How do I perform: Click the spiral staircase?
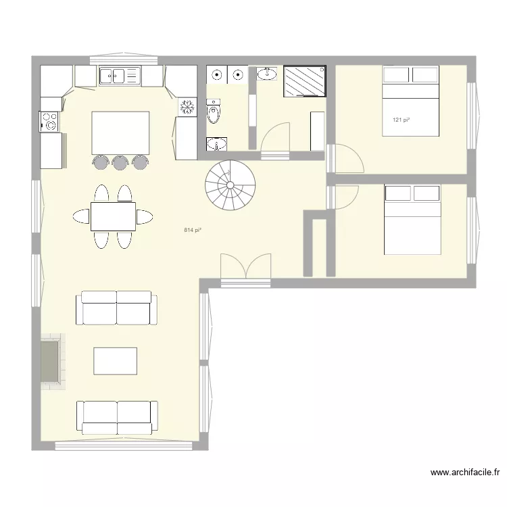click(229, 185)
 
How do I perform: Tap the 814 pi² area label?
click(193, 231)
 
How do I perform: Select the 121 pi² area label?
click(402, 120)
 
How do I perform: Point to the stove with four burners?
click(49, 121)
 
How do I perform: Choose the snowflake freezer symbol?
click(187, 107)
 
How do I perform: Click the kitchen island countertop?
click(120, 132)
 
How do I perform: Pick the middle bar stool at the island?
click(120, 162)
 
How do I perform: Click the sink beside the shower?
click(267, 72)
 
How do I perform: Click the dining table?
click(113, 216)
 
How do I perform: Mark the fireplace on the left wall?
click(51, 362)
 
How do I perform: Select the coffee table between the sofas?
click(115, 361)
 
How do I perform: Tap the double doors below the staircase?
click(246, 267)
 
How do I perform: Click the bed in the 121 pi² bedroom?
click(410, 101)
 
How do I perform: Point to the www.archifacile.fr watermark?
click(465, 473)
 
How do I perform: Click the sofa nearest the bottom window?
click(117, 417)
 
